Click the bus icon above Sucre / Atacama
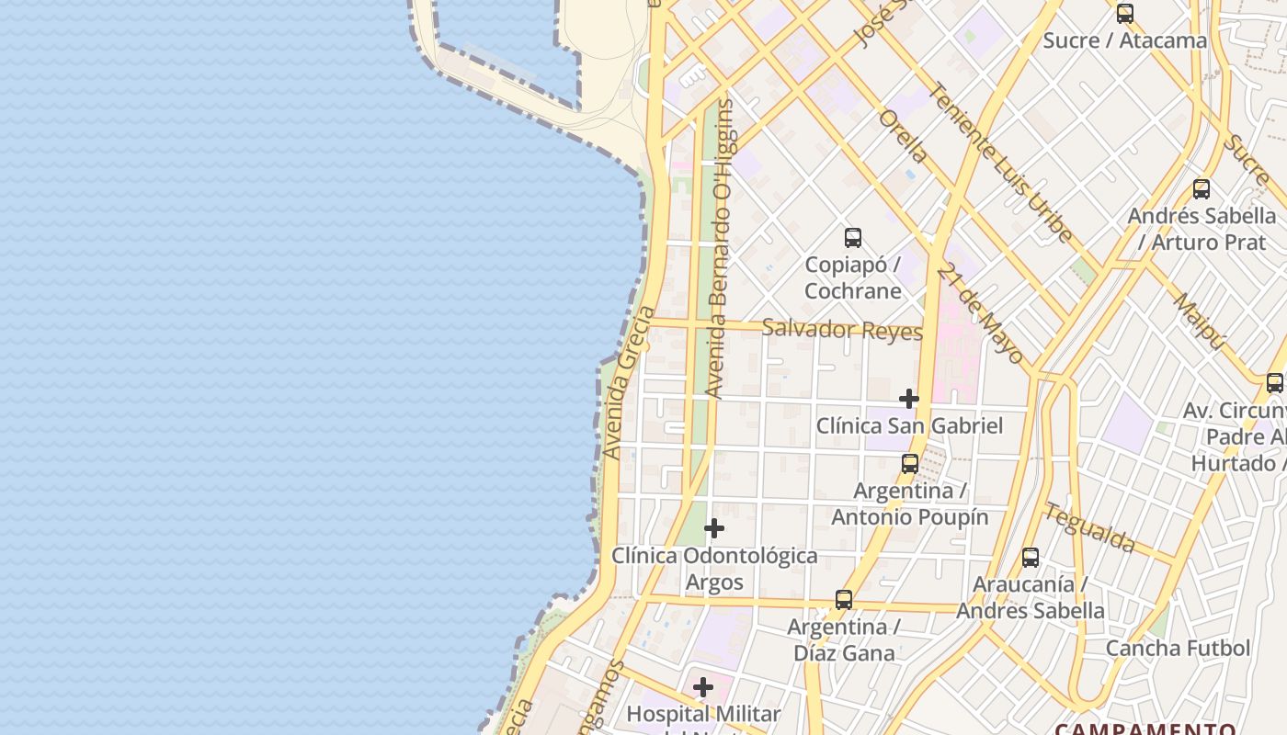click(x=1124, y=14)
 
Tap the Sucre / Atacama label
click(x=1124, y=40)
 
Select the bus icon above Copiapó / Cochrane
click(x=853, y=238)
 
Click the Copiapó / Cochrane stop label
click(x=853, y=277)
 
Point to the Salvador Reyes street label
click(x=842, y=329)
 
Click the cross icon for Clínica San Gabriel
click(x=909, y=399)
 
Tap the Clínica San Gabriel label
click(x=909, y=425)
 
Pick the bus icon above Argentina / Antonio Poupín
click(x=910, y=464)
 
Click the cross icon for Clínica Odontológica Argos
click(x=714, y=528)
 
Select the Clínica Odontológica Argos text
click(x=714, y=569)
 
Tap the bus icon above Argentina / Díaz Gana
click(x=844, y=600)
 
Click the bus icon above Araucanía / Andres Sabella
click(x=1031, y=558)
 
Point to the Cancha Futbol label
click(x=1178, y=648)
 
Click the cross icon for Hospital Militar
click(x=703, y=687)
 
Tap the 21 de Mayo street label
click(x=981, y=312)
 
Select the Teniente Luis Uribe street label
click(x=1001, y=163)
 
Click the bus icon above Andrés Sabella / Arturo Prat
click(x=1201, y=190)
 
